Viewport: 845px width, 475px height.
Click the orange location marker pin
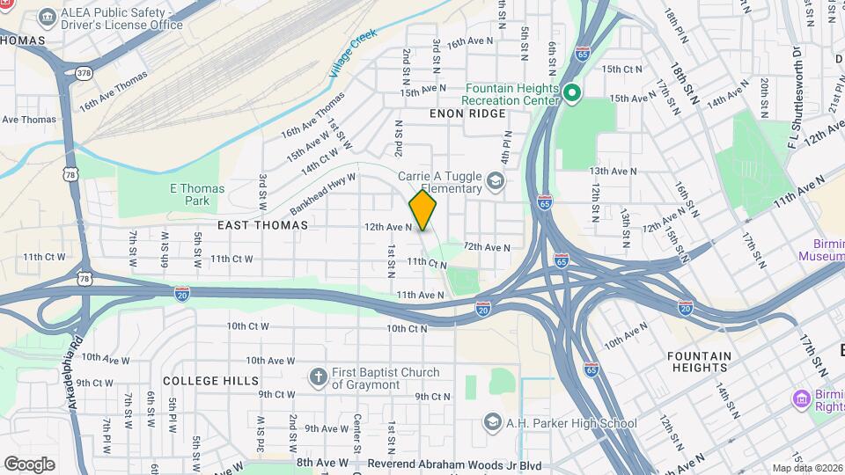click(422, 210)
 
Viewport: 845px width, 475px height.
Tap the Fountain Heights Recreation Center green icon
click(571, 92)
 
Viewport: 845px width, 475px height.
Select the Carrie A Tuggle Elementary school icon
click(496, 182)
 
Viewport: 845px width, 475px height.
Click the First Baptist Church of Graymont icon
click(319, 378)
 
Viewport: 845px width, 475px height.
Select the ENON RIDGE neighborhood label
click(467, 113)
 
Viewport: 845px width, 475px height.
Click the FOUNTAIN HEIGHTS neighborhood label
click(699, 362)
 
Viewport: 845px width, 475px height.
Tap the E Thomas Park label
click(197, 194)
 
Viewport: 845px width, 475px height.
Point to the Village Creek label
click(353, 52)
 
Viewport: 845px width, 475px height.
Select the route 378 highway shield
click(84, 73)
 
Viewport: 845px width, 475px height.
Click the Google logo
click(29, 464)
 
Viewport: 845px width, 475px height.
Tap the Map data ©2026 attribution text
click(806, 468)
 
